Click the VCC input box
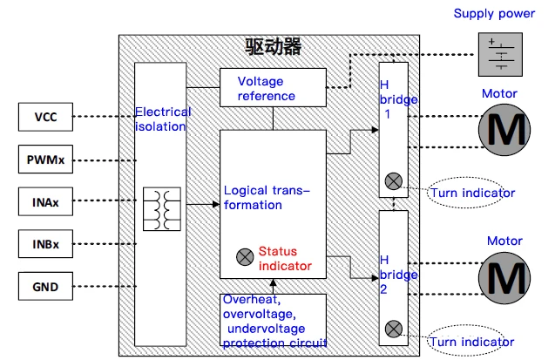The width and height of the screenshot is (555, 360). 45,117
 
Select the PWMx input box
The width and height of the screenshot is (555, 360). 45,160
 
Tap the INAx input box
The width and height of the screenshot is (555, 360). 45,201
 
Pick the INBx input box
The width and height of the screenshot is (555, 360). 45,244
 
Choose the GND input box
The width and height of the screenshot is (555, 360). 45,287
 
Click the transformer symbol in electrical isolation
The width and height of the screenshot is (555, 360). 162,209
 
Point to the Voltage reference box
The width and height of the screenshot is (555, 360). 273,87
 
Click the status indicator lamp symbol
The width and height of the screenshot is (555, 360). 245,256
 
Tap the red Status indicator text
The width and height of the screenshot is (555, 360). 285,258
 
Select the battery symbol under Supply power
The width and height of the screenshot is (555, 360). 500,55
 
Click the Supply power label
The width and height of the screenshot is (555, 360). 494,13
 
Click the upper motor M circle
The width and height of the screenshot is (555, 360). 504,130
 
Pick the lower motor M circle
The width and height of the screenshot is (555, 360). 504,278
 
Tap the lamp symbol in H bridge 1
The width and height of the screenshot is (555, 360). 394,181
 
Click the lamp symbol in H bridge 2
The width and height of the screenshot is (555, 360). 394,329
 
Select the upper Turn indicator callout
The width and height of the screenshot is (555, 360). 466,193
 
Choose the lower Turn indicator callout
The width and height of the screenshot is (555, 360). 466,341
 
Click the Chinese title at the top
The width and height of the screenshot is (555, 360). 273,47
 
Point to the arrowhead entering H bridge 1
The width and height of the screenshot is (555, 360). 376,130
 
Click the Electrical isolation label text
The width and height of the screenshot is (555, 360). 163,119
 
